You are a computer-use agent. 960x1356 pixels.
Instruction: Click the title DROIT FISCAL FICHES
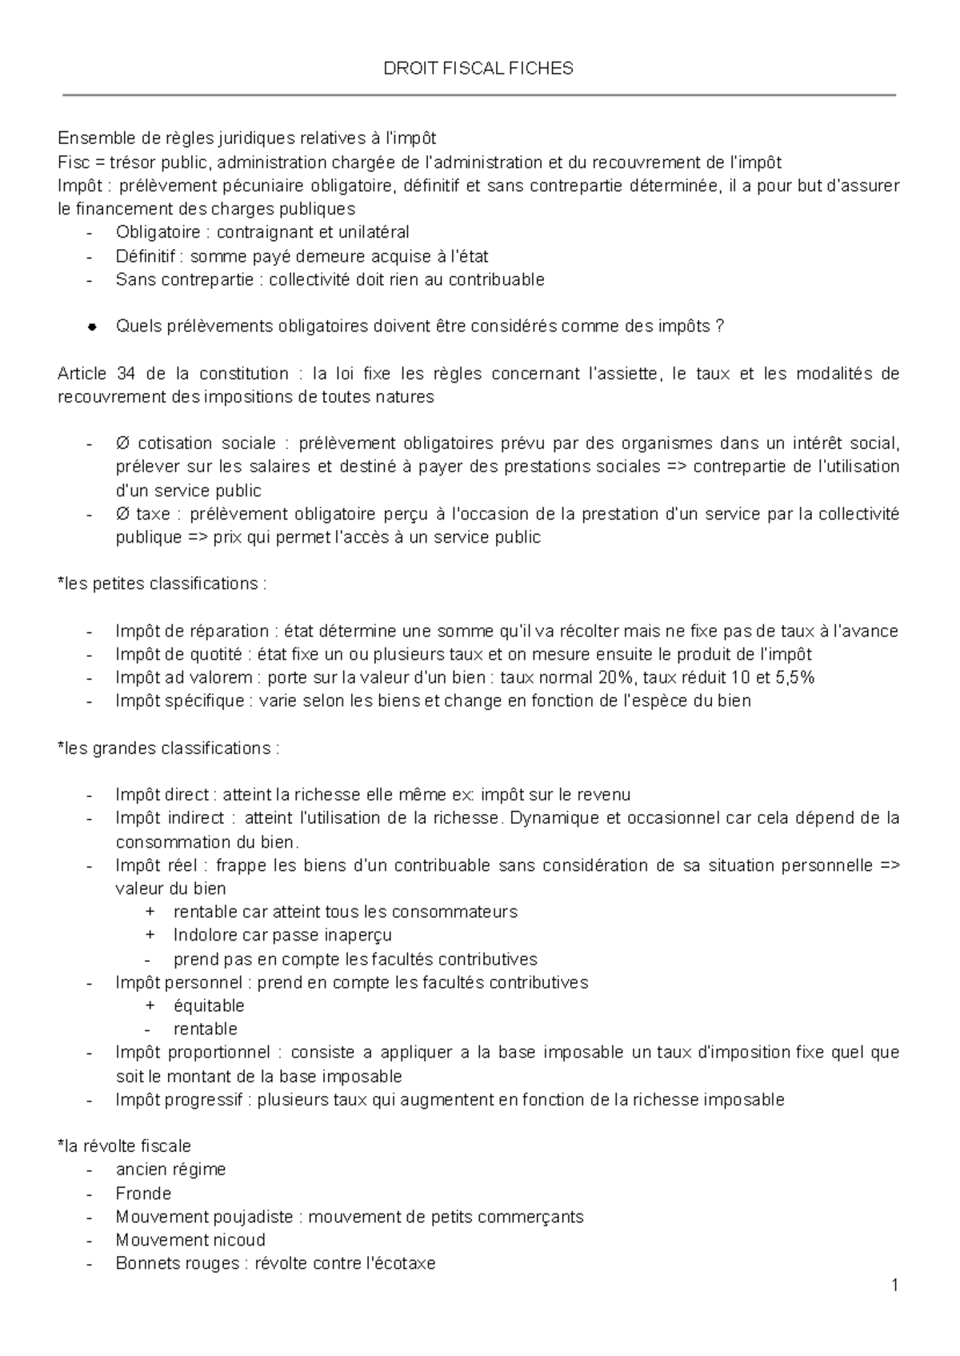(x=479, y=69)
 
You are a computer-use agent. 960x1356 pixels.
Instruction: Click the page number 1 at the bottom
(x=895, y=1286)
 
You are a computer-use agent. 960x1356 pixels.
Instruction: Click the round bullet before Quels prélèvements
(x=93, y=327)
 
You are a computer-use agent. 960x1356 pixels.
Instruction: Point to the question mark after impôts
(x=719, y=327)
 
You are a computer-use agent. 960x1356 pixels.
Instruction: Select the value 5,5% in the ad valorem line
(x=795, y=677)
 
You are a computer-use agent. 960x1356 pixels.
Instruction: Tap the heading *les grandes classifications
(x=169, y=748)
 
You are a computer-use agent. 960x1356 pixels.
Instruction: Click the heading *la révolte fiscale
(x=125, y=1146)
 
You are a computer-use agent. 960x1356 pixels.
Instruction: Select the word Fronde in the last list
(x=143, y=1194)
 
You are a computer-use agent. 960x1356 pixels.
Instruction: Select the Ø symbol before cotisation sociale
(x=122, y=443)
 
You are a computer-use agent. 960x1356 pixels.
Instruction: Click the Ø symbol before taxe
(x=122, y=514)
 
